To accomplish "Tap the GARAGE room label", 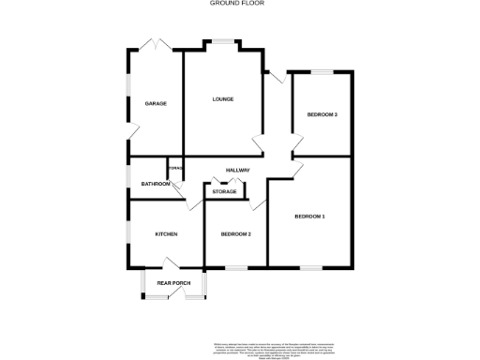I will tap(156, 103).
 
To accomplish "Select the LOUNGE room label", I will tap(222, 99).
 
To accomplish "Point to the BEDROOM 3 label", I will tap(322, 114).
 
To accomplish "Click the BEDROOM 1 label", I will tap(309, 217).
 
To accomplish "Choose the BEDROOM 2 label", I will tap(235, 233).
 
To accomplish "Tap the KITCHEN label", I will tap(154, 233).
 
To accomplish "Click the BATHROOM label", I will tap(156, 184).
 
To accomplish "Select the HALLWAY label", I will tap(237, 170).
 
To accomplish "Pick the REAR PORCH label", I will tap(173, 282).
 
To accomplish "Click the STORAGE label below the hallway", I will tap(224, 191).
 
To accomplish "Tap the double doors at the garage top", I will tap(154, 44).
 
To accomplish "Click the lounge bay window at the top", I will tap(222, 41).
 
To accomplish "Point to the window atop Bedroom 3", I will tap(322, 72).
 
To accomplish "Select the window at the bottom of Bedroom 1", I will tap(310, 267).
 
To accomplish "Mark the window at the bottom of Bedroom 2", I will tap(235, 267).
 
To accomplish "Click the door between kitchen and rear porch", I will tap(174, 264).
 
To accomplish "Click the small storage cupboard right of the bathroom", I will tap(174, 169).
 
